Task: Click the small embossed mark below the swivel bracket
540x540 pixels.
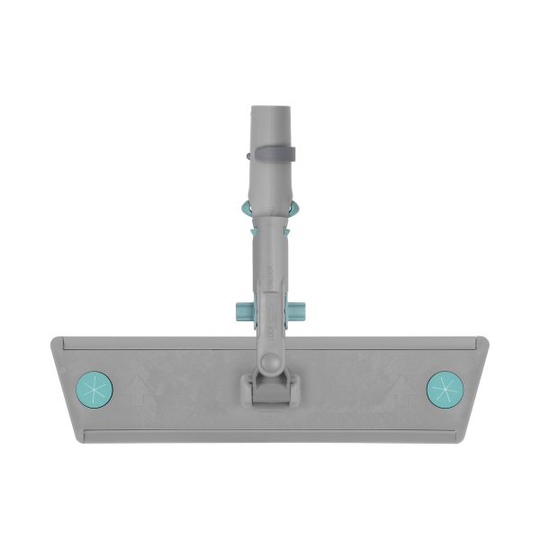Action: tap(269, 416)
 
